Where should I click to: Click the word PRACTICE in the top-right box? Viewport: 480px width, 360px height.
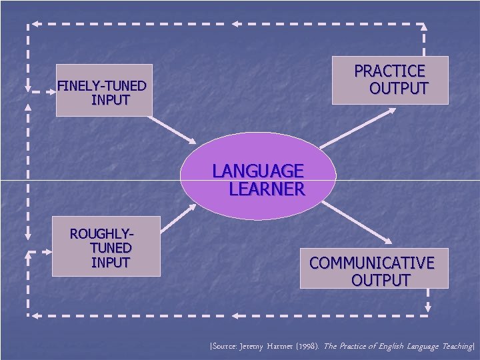point(389,71)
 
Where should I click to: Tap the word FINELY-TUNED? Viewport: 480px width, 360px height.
point(101,86)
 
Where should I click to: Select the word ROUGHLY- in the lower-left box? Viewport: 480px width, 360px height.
point(101,234)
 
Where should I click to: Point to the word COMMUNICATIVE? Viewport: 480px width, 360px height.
point(371,263)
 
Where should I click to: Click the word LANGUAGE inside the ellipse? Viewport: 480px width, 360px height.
point(258,171)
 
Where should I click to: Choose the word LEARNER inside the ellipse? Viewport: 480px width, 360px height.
point(267,189)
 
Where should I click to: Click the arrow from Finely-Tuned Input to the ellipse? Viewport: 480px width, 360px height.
point(172,130)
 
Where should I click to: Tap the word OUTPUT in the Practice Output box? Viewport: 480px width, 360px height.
point(399,89)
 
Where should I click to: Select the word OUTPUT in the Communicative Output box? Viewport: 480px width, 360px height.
point(381,280)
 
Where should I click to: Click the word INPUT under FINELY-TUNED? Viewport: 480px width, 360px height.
point(111,101)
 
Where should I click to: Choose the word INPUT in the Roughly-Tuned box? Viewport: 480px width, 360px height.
point(110,263)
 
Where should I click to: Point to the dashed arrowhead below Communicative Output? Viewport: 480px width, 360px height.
point(428,307)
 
